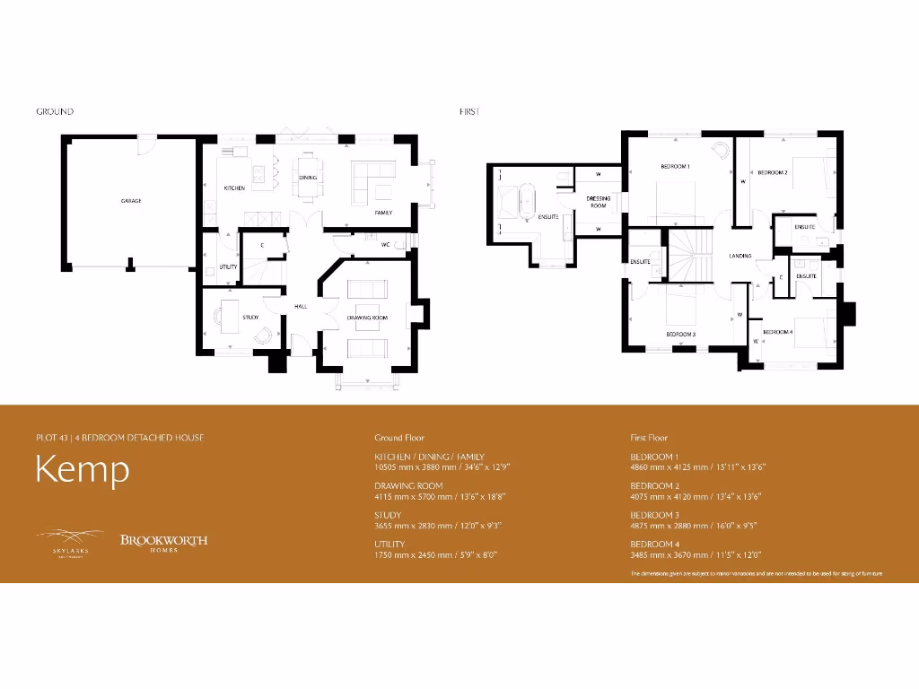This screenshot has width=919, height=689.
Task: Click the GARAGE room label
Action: point(131,201)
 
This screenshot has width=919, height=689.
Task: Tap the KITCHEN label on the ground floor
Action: point(234,188)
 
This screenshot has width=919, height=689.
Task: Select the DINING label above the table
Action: point(308,178)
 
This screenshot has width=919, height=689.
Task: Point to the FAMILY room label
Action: point(384,213)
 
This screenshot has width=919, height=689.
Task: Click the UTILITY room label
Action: point(228,267)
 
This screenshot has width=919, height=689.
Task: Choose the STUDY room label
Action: point(250,317)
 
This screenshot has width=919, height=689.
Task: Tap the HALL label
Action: point(301,307)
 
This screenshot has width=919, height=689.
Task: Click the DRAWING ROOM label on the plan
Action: point(367,318)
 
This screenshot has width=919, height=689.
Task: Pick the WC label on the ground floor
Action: point(384,244)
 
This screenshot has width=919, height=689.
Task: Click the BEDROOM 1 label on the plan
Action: point(675,167)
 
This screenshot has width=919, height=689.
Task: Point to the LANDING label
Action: point(740,256)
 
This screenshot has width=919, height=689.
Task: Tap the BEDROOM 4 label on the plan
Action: point(778,332)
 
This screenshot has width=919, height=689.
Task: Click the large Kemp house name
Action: point(83,470)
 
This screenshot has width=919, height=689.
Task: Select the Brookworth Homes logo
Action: point(163,542)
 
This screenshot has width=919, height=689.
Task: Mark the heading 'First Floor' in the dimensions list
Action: point(649,438)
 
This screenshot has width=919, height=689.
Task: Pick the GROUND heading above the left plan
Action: point(55,112)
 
